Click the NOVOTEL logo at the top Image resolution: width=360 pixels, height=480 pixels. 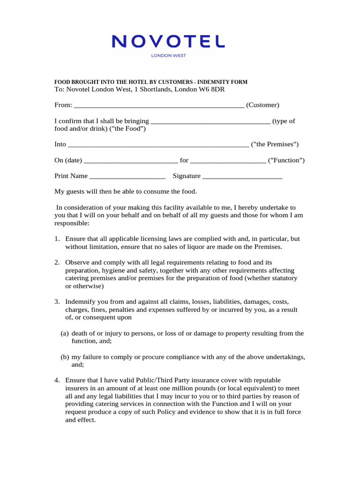tap(168, 42)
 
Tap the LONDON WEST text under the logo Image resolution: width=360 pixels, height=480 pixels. tap(168, 55)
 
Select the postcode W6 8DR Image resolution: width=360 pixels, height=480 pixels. tap(218, 89)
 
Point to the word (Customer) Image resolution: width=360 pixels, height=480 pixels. tap(262, 105)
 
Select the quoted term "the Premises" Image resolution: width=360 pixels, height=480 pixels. tap(275, 144)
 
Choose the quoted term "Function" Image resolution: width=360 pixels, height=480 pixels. tap(286, 160)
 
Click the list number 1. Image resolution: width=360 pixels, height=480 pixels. tap(57, 239)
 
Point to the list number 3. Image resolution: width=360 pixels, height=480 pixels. tap(57, 302)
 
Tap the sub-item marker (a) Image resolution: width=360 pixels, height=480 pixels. tap(65, 333)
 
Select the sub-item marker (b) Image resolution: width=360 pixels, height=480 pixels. tap(65, 357)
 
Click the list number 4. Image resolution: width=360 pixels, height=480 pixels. tap(57, 380)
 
